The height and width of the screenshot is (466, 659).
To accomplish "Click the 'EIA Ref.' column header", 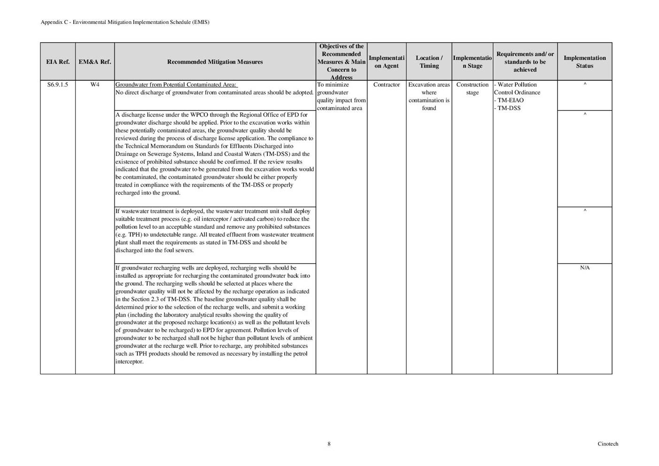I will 58,62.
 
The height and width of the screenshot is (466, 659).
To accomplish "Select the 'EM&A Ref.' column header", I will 95,62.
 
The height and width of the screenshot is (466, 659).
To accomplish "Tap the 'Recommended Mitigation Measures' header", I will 215,62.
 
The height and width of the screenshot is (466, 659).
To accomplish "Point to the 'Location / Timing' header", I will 429,62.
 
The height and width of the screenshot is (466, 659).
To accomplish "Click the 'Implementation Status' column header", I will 584,62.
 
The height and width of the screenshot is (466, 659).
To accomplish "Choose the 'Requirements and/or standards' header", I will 525,62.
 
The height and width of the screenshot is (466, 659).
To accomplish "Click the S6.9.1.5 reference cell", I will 58,85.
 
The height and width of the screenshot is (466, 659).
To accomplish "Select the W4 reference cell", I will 95,85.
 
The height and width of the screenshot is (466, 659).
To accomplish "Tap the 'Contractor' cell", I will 387,85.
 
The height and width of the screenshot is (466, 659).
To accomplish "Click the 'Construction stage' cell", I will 472,89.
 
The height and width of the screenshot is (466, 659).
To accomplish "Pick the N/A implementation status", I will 584,268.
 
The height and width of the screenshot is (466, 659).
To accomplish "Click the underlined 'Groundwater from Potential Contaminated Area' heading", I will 177,85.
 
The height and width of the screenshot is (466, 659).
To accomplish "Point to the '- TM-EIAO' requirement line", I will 509,101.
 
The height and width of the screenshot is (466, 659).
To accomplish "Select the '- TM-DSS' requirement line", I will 507,108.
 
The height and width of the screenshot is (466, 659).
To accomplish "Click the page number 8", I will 329,444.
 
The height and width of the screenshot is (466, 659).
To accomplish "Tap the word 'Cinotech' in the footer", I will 608,444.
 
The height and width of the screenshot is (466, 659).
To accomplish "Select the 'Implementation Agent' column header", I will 387,62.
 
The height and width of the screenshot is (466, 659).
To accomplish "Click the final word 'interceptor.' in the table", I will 130,362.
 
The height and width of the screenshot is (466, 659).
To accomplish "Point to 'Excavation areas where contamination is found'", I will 429,96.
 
